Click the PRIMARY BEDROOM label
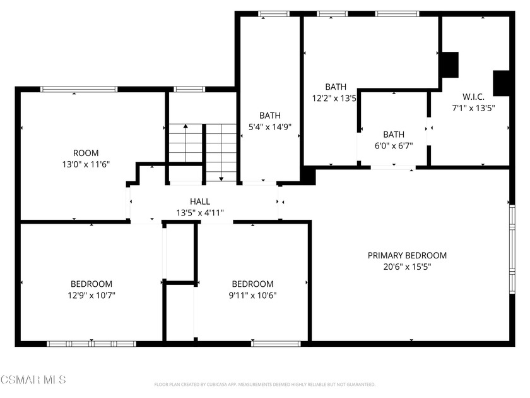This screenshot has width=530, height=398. [x=407, y=255]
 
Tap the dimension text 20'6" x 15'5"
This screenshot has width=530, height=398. [x=407, y=267]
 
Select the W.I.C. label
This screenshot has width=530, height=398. [x=473, y=97]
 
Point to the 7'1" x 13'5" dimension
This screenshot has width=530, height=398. [x=473, y=107]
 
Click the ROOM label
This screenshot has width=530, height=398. [x=86, y=153]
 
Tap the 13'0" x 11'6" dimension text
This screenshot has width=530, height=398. [x=86, y=164]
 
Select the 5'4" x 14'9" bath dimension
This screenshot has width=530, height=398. [x=270, y=126]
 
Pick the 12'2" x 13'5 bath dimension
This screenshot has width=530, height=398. [x=334, y=98]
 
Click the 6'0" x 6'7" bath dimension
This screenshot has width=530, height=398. [x=394, y=145]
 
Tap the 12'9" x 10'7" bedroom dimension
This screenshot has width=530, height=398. [x=91, y=295]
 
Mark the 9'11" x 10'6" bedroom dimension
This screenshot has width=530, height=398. [x=252, y=295]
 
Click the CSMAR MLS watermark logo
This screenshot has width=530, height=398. [x=33, y=380]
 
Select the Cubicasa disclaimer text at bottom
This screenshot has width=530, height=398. [x=265, y=384]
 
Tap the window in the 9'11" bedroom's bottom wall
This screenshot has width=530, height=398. [x=276, y=344]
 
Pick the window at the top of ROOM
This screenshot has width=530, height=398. [x=79, y=89]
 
